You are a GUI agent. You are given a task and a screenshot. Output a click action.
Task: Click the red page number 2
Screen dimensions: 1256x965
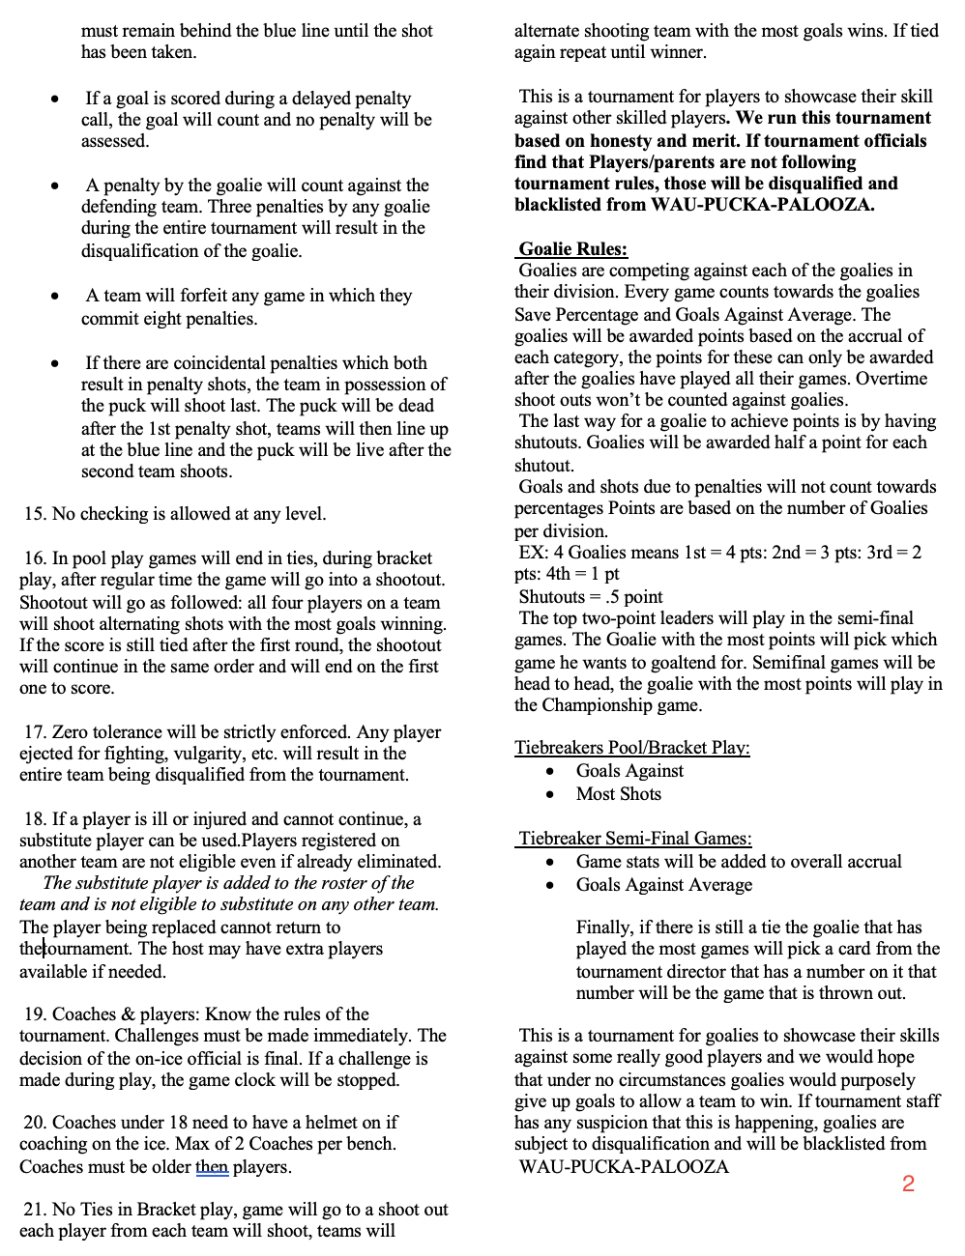coord(908,1184)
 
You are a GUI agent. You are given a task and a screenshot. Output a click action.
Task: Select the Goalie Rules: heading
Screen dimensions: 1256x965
coord(572,249)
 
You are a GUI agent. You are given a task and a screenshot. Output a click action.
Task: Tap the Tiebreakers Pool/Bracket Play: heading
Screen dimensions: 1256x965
coord(631,748)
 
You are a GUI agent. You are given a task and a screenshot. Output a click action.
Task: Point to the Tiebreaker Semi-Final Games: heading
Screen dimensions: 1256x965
coord(634,839)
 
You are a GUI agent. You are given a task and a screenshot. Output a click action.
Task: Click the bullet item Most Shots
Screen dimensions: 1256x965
coord(619,794)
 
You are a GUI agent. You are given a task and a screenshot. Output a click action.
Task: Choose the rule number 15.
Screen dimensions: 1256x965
coord(35,514)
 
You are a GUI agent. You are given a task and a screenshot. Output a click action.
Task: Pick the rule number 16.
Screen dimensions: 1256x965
coord(35,558)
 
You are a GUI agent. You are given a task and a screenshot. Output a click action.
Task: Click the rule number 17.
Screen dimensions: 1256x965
coord(35,732)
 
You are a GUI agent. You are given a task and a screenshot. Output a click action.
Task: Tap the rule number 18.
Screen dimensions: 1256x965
coord(35,819)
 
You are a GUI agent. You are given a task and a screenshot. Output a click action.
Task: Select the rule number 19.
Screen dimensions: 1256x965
coord(35,1014)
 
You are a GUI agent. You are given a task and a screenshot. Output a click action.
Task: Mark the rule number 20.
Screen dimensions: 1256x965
coord(35,1123)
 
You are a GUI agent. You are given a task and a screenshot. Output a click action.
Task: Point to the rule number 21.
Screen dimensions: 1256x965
coord(35,1210)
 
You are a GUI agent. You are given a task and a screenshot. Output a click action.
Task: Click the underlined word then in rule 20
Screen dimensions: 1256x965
coord(212,1167)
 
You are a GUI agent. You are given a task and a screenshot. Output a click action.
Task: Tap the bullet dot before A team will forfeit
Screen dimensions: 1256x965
coord(56,297)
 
